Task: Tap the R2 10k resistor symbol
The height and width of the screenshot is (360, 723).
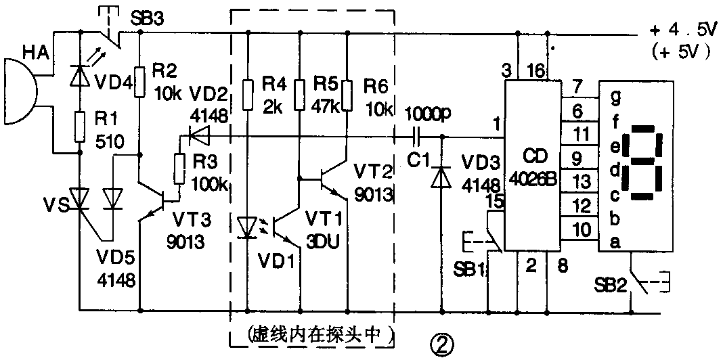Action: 139,81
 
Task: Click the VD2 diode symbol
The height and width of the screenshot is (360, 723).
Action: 199,137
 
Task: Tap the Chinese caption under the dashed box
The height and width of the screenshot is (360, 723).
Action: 312,336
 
